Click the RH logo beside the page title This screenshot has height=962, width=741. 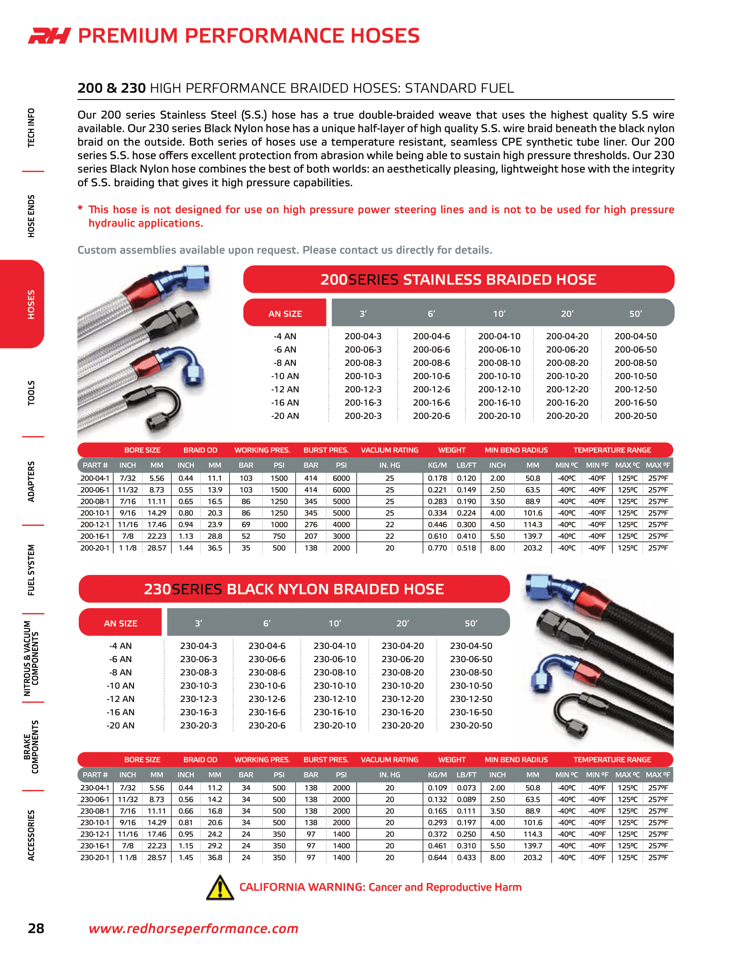pos(50,36)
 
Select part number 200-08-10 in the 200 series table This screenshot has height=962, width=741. pos(499,363)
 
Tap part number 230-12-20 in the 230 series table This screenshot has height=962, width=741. pos(403,699)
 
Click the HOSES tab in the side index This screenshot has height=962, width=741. pos(31,304)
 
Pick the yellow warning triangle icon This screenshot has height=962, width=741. pos(220,887)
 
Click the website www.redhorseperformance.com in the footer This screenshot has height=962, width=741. pos(193,928)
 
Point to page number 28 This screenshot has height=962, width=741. pos(36,928)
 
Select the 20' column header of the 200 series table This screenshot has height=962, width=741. pos(567,314)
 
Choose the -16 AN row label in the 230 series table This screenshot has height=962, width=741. pos(120,712)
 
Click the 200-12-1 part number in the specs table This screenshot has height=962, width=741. pos(95,525)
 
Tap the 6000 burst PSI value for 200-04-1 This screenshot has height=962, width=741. pos(341,478)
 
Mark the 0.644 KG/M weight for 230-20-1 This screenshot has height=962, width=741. pos(437,857)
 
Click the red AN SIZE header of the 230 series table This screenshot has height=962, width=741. pos(120,623)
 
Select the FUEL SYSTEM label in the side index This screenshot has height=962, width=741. pos(31,570)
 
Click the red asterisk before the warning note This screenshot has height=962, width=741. pos(80,208)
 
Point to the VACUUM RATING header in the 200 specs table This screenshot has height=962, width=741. pos(389,450)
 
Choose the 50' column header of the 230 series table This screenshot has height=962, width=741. pos(471,623)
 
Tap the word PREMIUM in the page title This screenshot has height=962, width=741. pos(128,36)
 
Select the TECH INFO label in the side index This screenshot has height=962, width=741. pos(31,127)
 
